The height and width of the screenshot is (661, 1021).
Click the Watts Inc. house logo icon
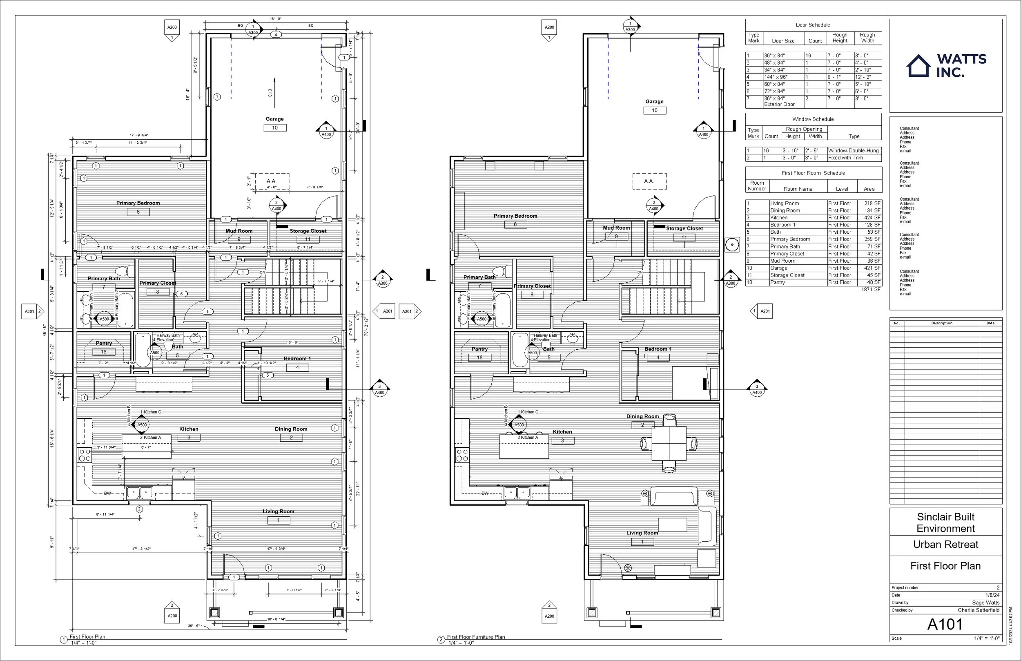(x=919, y=66)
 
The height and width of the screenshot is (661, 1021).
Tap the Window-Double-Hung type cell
(x=853, y=151)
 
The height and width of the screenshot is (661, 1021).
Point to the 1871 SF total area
(x=870, y=290)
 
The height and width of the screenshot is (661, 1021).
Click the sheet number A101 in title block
(x=945, y=625)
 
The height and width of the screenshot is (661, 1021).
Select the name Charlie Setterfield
(x=979, y=610)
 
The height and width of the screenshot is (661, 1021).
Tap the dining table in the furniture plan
(x=669, y=443)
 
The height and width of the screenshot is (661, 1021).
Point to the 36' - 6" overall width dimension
(x=194, y=626)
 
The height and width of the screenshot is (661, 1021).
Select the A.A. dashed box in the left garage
(x=272, y=181)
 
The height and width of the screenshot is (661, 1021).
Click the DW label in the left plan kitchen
(x=107, y=494)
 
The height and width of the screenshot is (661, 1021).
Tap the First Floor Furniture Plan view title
(x=475, y=637)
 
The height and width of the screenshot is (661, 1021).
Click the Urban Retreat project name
(x=945, y=545)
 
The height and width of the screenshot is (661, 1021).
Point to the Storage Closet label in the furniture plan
(x=684, y=229)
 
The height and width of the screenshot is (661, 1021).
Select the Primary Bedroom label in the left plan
(x=138, y=203)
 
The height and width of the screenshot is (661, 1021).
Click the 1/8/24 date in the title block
(x=992, y=595)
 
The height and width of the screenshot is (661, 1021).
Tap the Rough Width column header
(x=867, y=38)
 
